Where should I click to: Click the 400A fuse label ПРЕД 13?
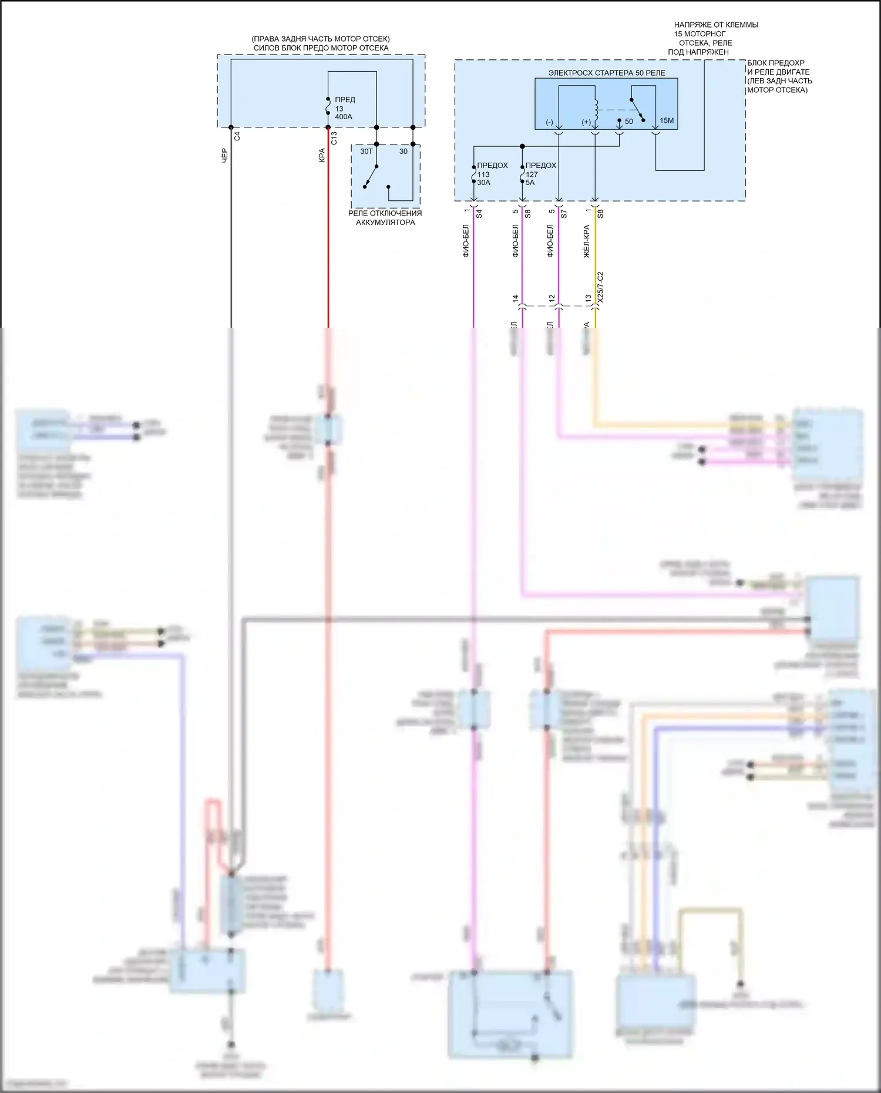click(x=344, y=108)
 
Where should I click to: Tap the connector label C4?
click(x=237, y=136)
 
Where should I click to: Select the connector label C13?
click(x=334, y=138)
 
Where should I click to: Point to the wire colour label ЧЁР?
click(x=224, y=156)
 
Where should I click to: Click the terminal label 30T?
click(x=366, y=152)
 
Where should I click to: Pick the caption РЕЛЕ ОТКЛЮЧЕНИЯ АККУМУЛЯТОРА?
click(x=385, y=218)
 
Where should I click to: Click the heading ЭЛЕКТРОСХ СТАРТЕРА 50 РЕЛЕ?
click(x=607, y=73)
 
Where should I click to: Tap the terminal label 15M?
click(x=667, y=121)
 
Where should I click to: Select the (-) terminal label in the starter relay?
click(x=549, y=122)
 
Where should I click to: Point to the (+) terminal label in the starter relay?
click(x=586, y=122)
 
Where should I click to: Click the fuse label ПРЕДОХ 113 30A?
click(x=492, y=174)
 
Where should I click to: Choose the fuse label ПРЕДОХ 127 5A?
click(x=540, y=174)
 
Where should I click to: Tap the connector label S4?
click(x=479, y=214)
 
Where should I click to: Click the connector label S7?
click(x=564, y=214)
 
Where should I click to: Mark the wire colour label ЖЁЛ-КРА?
click(x=586, y=241)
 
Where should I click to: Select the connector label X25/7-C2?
click(x=600, y=288)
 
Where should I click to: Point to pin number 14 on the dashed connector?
click(x=515, y=298)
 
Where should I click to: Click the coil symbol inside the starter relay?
click(x=596, y=107)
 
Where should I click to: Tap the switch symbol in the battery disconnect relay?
click(x=371, y=176)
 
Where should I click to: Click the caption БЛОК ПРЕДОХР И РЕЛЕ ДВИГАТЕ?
click(x=779, y=76)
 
